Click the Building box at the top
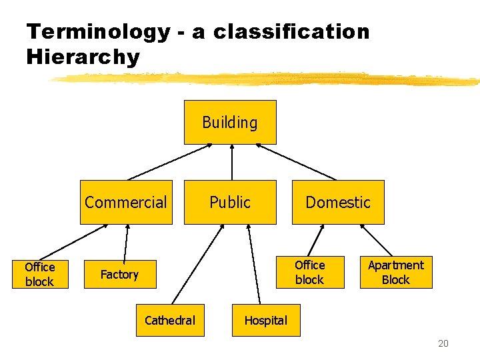[x=230, y=122]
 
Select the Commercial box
[x=126, y=202]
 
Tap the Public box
[x=230, y=202]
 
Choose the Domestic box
[x=338, y=202]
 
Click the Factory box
[x=119, y=274]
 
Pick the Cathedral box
[x=170, y=321]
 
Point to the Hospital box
[x=265, y=321]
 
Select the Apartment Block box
[x=396, y=272]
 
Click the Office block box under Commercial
[x=40, y=274]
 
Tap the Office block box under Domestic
[x=310, y=272]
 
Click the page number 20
[x=443, y=344]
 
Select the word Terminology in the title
[x=98, y=31]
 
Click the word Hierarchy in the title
[x=83, y=57]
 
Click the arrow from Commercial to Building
[x=170, y=162]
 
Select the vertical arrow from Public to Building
[x=231, y=162]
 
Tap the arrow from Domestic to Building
[x=296, y=162]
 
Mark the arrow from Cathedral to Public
[x=198, y=265]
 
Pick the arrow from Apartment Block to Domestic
[x=376, y=240]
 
